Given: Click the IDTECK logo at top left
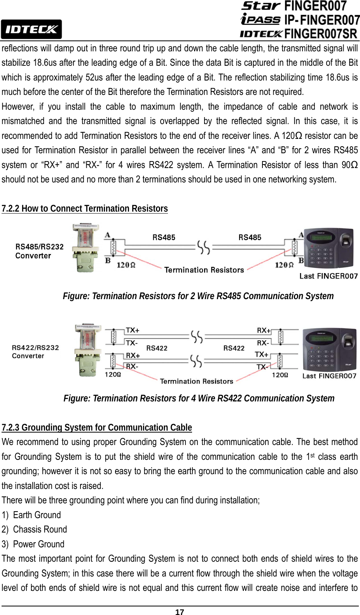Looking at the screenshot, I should click(31, 29).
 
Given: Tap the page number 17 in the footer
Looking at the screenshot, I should click(180, 611).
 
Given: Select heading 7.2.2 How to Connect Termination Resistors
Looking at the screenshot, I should click(85, 209).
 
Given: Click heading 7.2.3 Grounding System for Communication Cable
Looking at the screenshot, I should click(97, 428).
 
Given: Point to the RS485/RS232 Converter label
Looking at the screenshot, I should click(39, 251).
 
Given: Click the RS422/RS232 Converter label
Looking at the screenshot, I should click(35, 352).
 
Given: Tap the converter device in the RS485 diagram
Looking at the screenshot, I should click(86, 247).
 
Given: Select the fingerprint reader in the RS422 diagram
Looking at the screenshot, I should click(329, 349).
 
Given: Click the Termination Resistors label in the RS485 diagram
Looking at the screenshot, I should click(204, 270).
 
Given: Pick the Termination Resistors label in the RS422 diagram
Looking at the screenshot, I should click(196, 381).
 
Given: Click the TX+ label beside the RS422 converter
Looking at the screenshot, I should click(133, 330).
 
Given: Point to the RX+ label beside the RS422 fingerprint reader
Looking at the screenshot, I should click(264, 330).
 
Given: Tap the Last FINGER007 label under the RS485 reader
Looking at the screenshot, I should click(329, 276).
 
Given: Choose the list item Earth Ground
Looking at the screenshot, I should click(37, 515).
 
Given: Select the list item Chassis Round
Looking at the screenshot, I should click(40, 529).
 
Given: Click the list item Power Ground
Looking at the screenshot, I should click(38, 544).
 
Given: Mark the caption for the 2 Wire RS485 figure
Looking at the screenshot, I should click(198, 296).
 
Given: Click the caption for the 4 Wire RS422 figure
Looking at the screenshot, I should click(199, 398).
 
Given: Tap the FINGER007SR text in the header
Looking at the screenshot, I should click(320, 34).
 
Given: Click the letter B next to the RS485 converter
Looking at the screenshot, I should click(108, 260).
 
